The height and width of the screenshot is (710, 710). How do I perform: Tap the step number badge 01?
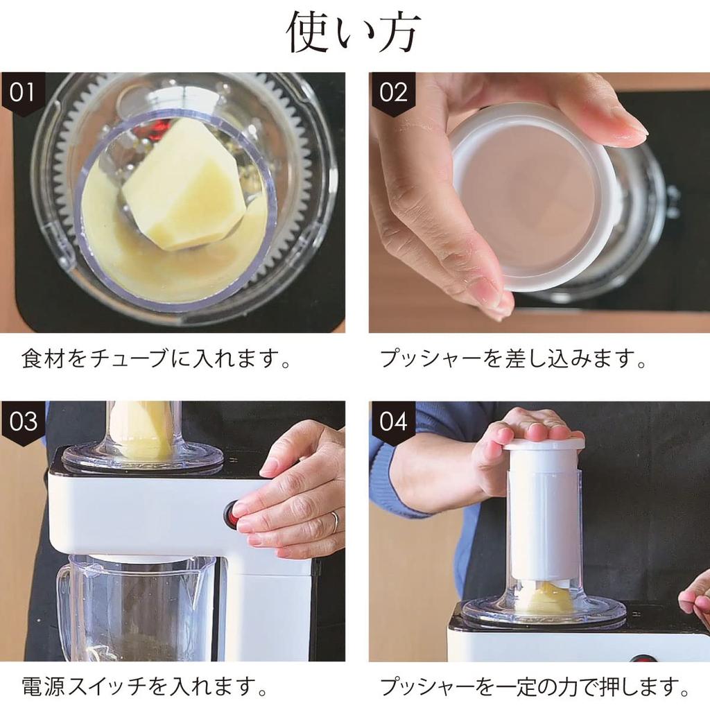[x=22, y=93]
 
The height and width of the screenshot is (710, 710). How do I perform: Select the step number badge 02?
[x=392, y=93]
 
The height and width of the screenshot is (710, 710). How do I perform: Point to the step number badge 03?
[x=22, y=422]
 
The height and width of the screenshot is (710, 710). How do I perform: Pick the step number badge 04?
[x=392, y=422]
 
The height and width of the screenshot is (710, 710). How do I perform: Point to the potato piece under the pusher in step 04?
[x=547, y=597]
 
